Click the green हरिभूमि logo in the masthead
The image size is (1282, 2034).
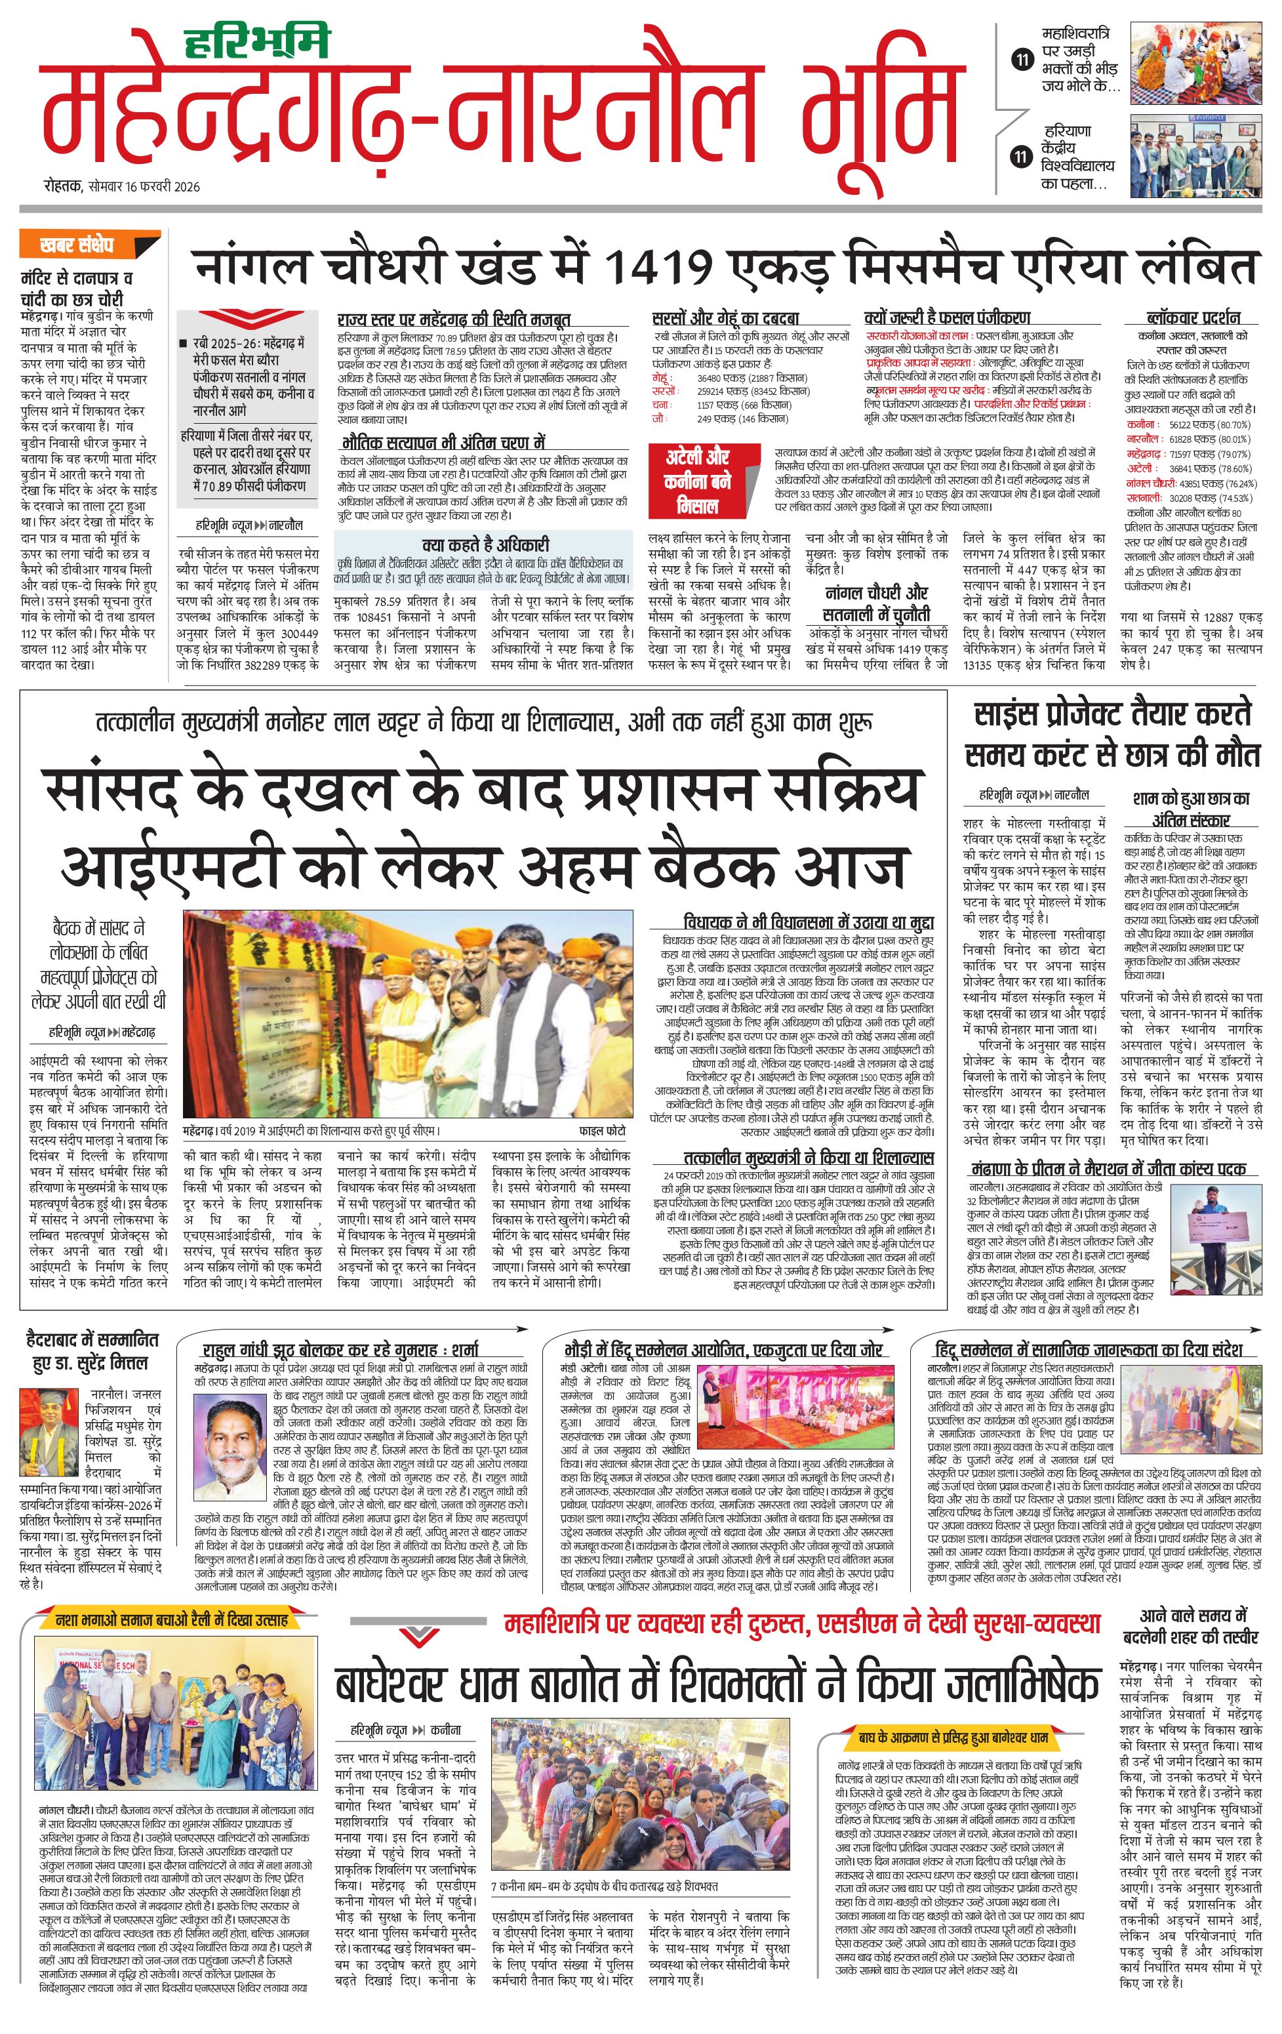(x=257, y=42)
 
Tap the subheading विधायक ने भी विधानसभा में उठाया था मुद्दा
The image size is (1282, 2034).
(x=808, y=922)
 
